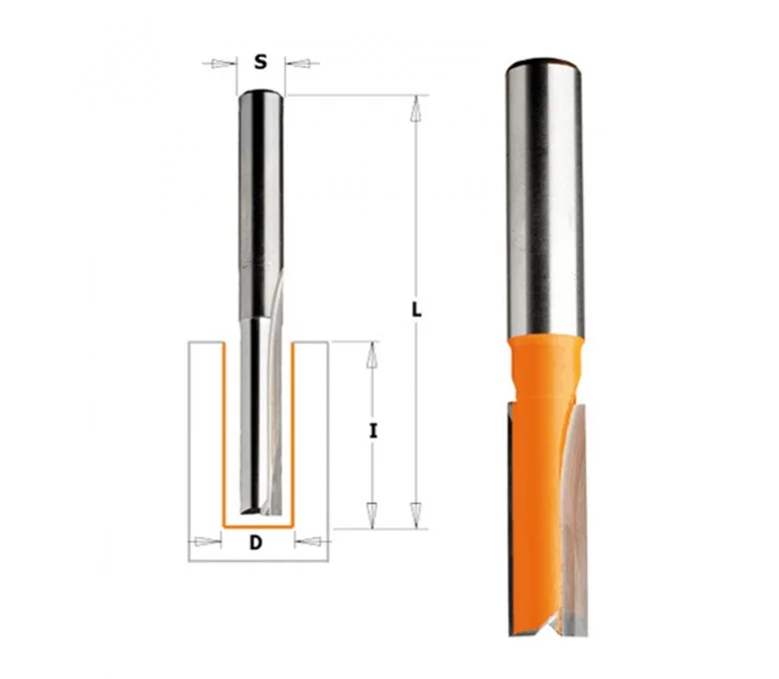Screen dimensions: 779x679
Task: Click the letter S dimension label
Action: click(x=261, y=62)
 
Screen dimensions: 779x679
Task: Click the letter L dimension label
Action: click(x=416, y=311)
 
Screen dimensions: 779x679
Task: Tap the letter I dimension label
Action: click(x=373, y=431)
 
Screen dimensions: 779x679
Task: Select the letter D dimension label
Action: click(x=256, y=542)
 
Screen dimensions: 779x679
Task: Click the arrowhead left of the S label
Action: click(x=223, y=63)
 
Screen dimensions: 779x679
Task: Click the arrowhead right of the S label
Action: click(x=299, y=63)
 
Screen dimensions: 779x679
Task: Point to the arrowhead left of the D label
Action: click(x=208, y=541)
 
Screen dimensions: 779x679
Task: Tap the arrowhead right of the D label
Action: click(x=308, y=541)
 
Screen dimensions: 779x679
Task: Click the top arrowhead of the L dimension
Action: click(x=416, y=109)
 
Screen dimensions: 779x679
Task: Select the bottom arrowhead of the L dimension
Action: click(x=416, y=514)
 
